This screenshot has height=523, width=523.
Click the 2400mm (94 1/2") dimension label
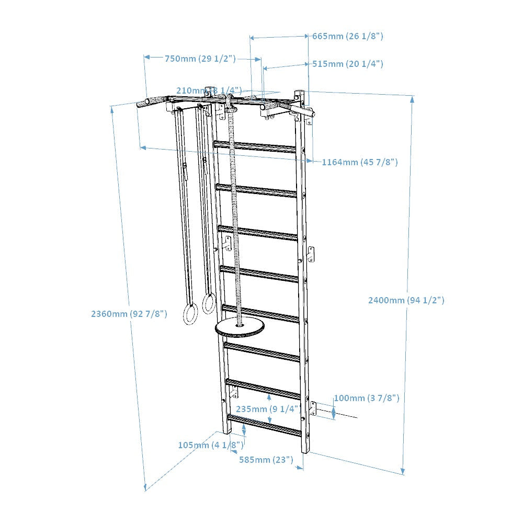[x=406, y=300]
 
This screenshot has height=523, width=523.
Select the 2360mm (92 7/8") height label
[x=129, y=314]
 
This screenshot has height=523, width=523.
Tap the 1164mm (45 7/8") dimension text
[x=359, y=162]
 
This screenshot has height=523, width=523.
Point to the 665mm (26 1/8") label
[x=348, y=36]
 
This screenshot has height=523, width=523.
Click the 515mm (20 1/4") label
[x=348, y=64]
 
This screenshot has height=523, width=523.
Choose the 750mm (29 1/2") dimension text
[x=200, y=59]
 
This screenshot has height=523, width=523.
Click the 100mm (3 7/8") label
[x=367, y=399]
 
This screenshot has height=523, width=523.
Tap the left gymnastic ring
[x=189, y=315]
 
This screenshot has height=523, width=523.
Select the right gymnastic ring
[x=209, y=304]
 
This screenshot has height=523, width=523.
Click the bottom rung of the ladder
[x=264, y=425]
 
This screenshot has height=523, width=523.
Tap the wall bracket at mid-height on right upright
[x=311, y=254]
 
